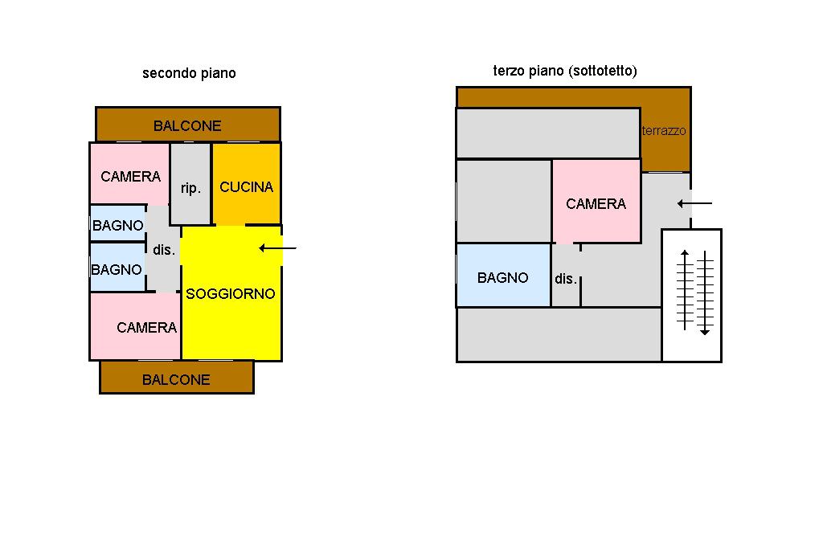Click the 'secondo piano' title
[189, 73]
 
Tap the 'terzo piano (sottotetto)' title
[564, 71]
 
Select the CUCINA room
[246, 186]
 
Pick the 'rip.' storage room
[190, 186]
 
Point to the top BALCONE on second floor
[187, 125]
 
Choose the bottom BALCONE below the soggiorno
[176, 379]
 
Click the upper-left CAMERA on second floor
[130, 176]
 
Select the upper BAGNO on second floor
[117, 225]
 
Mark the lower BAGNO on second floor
[117, 269]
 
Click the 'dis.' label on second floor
[164, 250]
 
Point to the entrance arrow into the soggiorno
[278, 248]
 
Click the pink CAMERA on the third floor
[596, 203]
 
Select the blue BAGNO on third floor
[503, 277]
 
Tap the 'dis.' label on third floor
[566, 279]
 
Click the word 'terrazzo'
[664, 130]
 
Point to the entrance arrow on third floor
[694, 203]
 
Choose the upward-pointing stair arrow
[684, 290]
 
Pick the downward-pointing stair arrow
[705, 293]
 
